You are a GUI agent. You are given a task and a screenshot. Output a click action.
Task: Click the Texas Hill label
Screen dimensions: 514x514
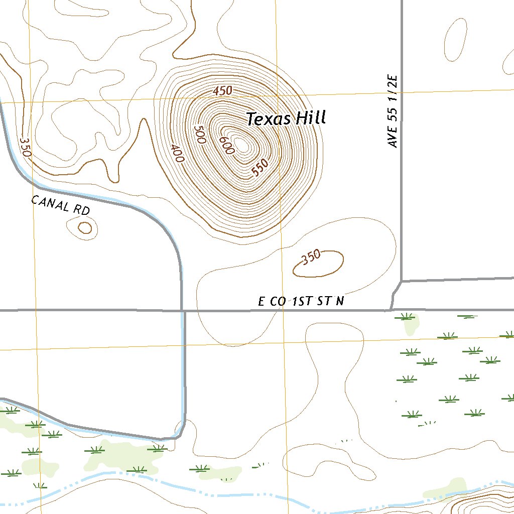286,118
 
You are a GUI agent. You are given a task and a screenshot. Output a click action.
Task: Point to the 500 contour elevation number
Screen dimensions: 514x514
200,135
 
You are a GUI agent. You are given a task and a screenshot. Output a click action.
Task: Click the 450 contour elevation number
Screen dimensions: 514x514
222,91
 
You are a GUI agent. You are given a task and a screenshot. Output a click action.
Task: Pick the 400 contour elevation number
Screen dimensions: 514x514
177,153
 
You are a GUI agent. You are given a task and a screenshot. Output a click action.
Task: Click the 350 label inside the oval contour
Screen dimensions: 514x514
311,257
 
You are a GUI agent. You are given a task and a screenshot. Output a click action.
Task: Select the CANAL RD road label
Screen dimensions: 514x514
60,205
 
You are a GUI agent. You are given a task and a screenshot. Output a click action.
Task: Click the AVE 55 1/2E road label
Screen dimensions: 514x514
393,111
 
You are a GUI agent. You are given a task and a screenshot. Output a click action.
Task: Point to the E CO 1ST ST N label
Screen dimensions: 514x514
301,301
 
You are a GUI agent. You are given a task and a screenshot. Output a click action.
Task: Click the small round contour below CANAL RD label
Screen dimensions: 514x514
85,228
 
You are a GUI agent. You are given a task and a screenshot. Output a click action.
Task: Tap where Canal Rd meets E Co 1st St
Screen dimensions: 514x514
182,311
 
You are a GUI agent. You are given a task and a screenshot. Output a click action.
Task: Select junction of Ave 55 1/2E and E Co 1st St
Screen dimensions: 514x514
391,310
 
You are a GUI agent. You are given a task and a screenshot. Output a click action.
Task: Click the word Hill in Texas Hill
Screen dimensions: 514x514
310,118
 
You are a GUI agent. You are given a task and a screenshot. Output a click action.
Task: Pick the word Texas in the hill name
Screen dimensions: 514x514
269,119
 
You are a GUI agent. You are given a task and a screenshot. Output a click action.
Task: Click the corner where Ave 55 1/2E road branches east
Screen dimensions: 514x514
402,280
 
